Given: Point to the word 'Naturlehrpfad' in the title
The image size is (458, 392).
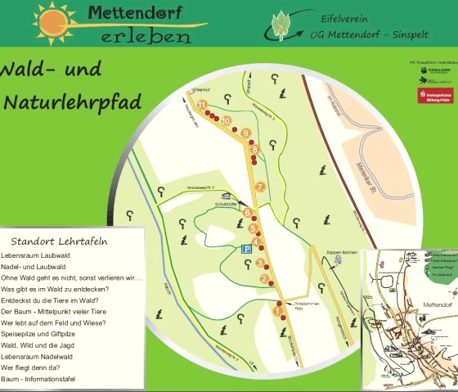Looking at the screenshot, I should (72, 101).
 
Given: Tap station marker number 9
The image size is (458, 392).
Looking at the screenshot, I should (245, 133).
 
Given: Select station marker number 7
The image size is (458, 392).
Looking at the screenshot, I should (260, 187).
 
